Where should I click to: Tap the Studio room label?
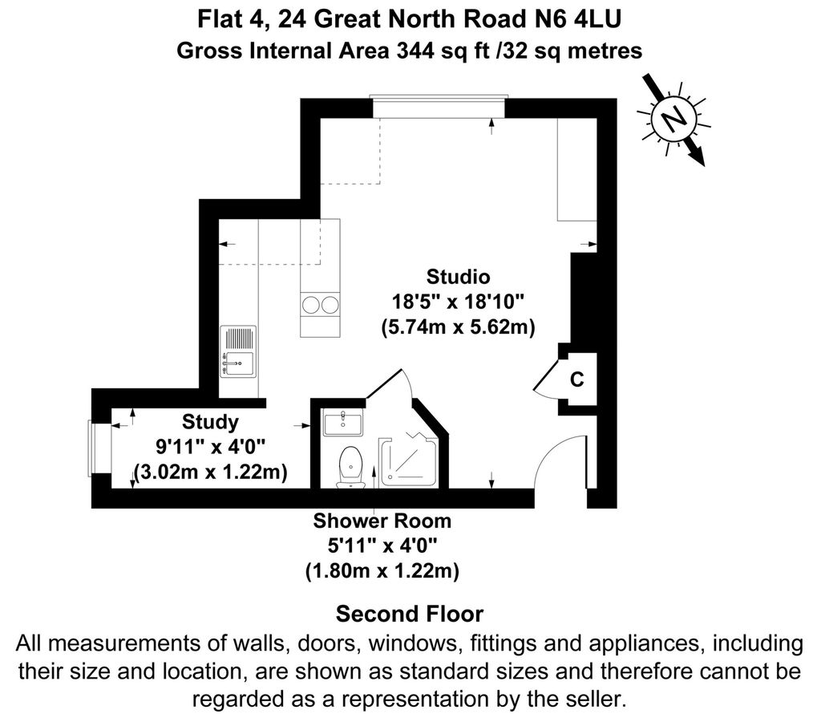pos(458,278)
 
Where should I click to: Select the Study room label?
pos(210,421)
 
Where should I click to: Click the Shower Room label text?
pos(382,521)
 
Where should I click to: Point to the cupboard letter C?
pos(576,379)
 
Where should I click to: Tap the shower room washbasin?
pos(343,422)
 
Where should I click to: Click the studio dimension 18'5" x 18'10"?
pos(458,302)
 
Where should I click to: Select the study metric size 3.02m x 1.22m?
pos(210,472)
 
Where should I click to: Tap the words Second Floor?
pos(409,615)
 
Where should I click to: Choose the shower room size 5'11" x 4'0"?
pos(382,546)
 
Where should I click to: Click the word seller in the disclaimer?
pos(590,698)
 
